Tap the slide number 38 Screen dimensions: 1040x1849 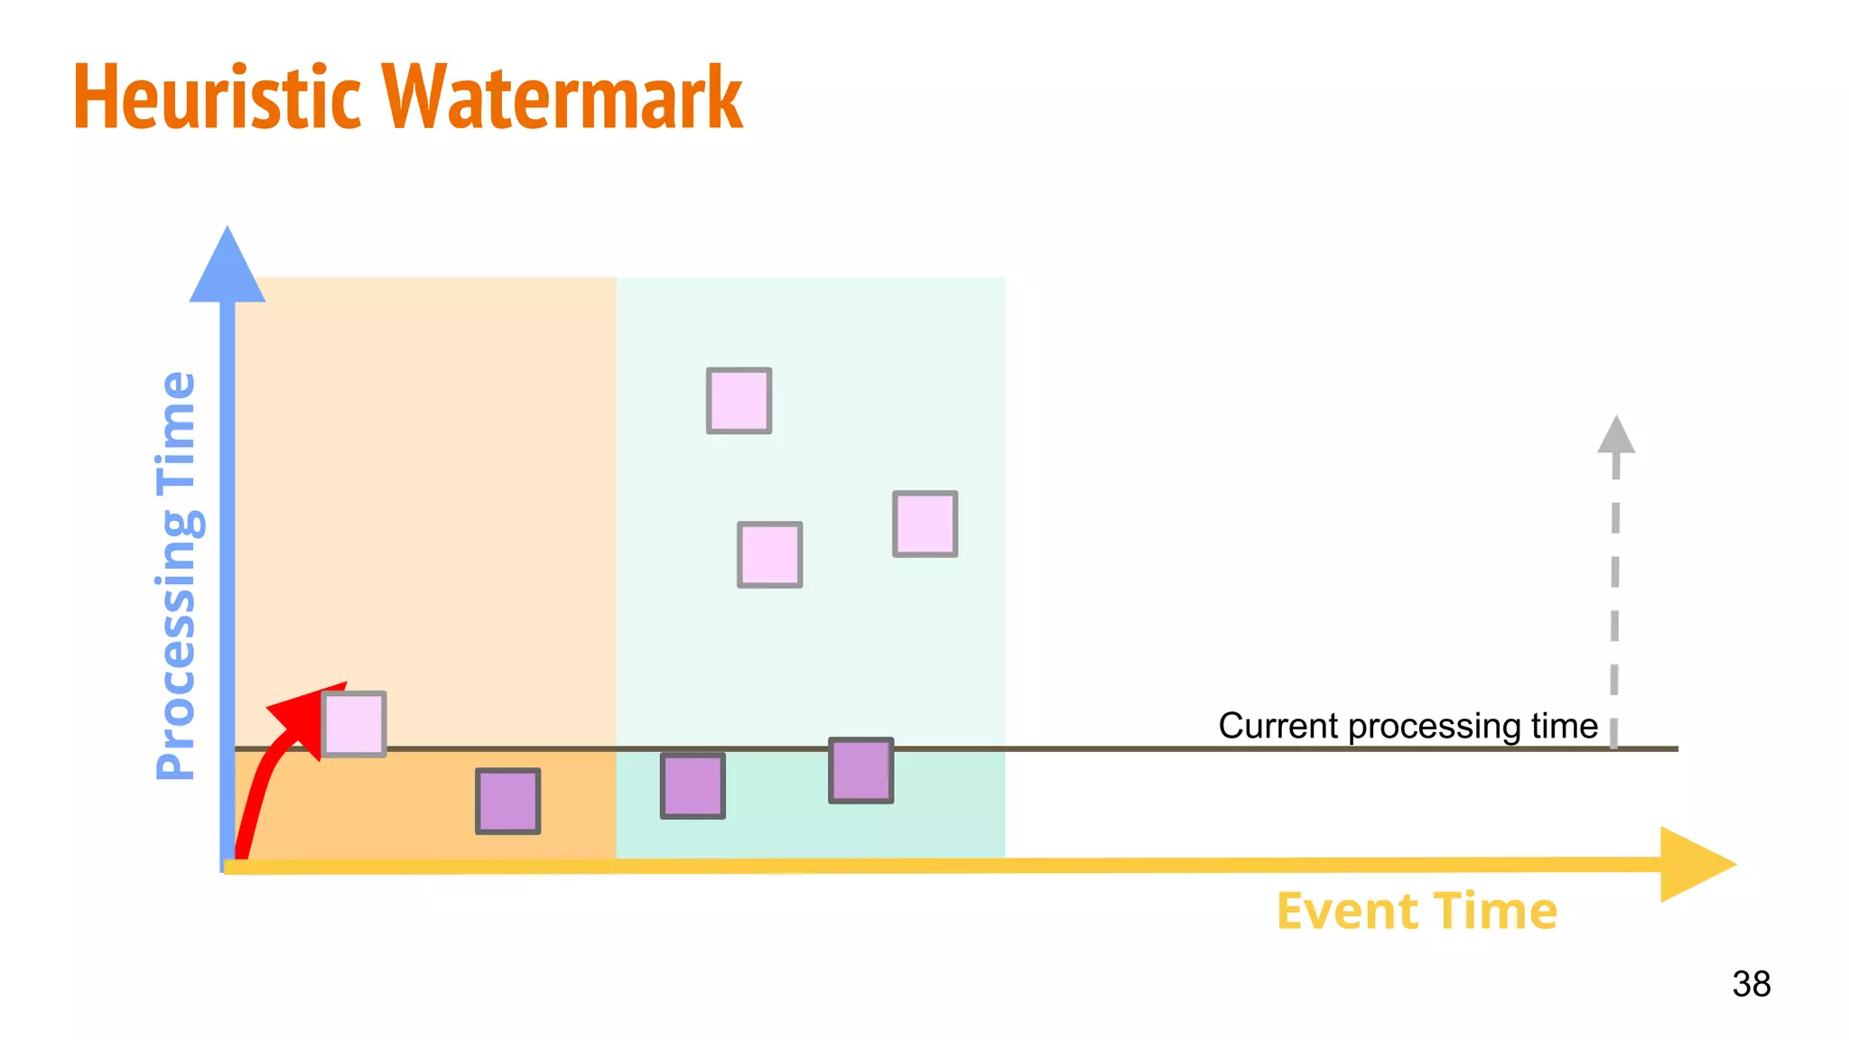pyautogui.click(x=1751, y=983)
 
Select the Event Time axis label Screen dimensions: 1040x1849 pyautogui.click(x=1417, y=911)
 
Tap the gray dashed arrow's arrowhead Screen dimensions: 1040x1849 pyautogui.click(x=1616, y=435)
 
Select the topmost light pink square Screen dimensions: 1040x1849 pyautogui.click(x=739, y=400)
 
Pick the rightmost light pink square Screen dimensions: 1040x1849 pyautogui.click(x=924, y=524)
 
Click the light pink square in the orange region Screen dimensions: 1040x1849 pyautogui.click(x=354, y=723)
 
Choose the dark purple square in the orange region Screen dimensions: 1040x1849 pyautogui.click(x=507, y=801)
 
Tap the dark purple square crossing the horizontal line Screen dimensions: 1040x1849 pyautogui.click(x=860, y=770)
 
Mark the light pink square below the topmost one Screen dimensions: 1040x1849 pyautogui.click(x=769, y=554)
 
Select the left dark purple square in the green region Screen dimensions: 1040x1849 pyautogui.click(x=692, y=786)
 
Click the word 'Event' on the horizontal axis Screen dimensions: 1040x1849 pyautogui.click(x=1346, y=911)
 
